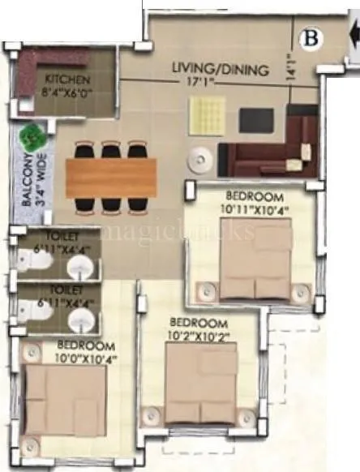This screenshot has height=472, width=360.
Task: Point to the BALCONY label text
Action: tap(27, 183)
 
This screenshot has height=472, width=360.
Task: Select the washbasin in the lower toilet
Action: tap(79, 320)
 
